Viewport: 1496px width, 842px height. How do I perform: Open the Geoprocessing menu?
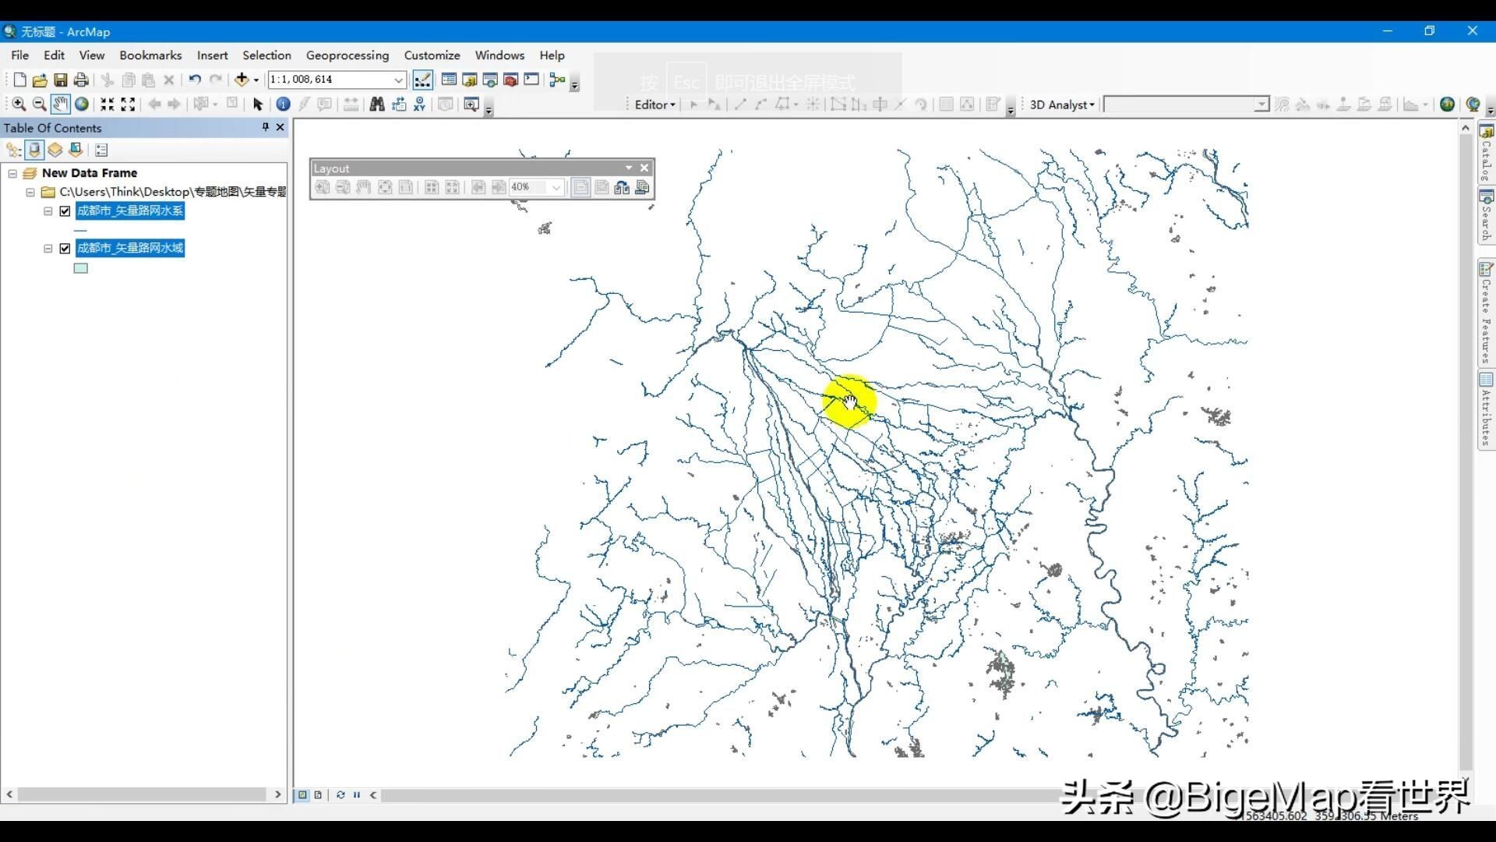pyautogui.click(x=347, y=55)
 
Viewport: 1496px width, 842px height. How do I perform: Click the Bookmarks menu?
pyautogui.click(x=150, y=55)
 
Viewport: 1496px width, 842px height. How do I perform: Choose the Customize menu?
pyautogui.click(x=432, y=55)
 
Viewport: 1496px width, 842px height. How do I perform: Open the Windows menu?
pyautogui.click(x=499, y=55)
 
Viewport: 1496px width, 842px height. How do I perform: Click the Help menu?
pyautogui.click(x=552, y=55)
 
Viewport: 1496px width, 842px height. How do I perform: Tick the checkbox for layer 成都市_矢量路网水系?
pyautogui.click(x=65, y=211)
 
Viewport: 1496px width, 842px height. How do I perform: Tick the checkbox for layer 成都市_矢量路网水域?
pyautogui.click(x=65, y=249)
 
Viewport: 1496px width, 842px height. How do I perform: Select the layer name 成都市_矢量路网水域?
pyautogui.click(x=130, y=248)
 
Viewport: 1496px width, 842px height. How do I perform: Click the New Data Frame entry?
pyautogui.click(x=90, y=173)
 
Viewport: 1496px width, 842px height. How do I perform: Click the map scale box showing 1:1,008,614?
pyautogui.click(x=330, y=80)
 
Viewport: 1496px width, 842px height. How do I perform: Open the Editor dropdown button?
pyautogui.click(x=654, y=104)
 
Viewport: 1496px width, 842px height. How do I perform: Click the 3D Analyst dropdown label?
pyautogui.click(x=1061, y=104)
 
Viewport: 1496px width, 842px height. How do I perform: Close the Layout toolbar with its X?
pyautogui.click(x=644, y=168)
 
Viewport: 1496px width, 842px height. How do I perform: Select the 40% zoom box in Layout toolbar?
pyautogui.click(x=530, y=187)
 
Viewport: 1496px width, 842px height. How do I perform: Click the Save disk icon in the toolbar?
pyautogui.click(x=60, y=80)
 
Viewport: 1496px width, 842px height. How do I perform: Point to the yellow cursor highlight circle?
pyautogui.click(x=849, y=402)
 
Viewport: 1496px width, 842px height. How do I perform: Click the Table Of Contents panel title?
pyautogui.click(x=52, y=128)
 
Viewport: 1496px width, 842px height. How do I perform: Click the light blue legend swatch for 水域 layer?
pyautogui.click(x=80, y=268)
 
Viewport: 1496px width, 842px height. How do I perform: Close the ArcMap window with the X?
pyautogui.click(x=1472, y=31)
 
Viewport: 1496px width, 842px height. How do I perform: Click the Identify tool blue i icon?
pyautogui.click(x=283, y=104)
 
